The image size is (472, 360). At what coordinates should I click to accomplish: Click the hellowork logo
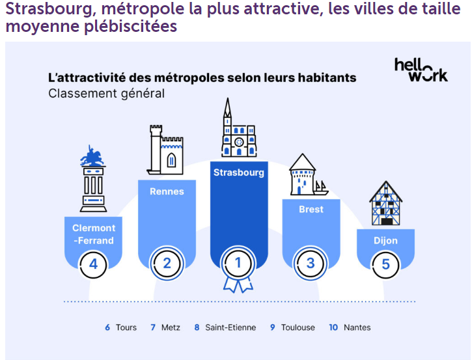[421, 70]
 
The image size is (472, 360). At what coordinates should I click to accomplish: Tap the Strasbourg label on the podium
[239, 173]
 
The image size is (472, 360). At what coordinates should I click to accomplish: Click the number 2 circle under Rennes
[167, 264]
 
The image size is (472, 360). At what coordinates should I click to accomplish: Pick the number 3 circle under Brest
[311, 264]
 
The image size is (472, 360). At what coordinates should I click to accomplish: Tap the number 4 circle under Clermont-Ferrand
[94, 264]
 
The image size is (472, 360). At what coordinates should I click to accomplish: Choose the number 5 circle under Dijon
[385, 264]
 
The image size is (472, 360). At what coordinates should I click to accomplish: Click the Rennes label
[167, 191]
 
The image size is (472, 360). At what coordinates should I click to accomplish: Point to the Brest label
[311, 210]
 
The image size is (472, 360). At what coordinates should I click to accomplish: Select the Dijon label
[385, 240]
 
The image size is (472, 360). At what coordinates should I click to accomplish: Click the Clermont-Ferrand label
[94, 234]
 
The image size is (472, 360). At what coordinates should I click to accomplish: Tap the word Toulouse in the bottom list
[298, 327]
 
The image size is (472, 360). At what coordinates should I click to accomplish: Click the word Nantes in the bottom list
[357, 327]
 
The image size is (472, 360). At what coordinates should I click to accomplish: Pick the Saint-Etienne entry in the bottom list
[230, 327]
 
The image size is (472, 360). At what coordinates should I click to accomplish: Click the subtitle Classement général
[106, 93]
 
